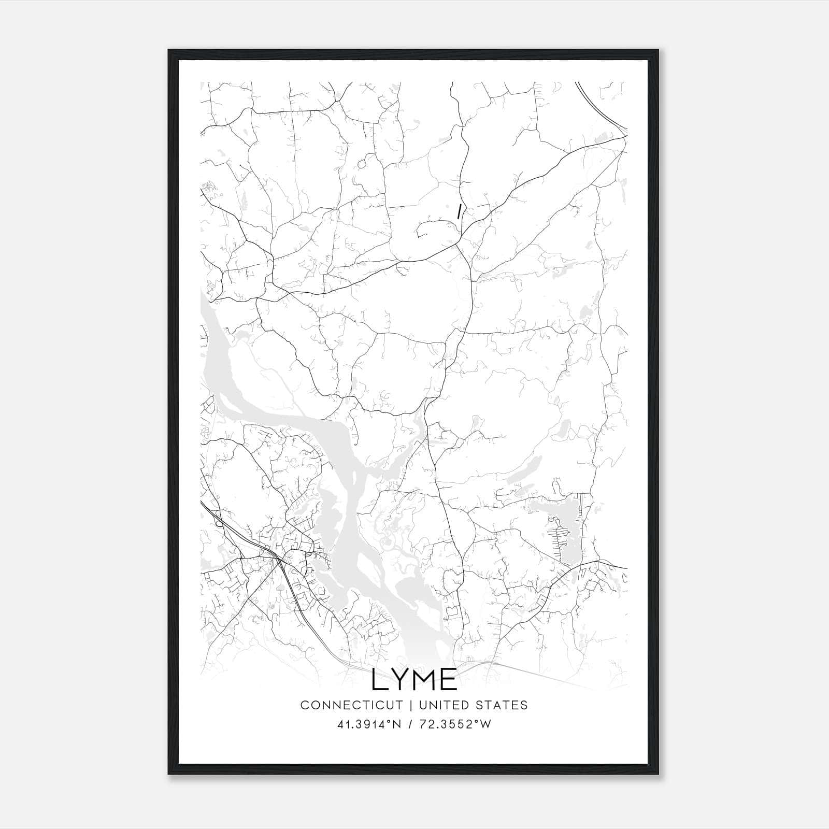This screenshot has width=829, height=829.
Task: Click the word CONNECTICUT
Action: (x=351, y=705)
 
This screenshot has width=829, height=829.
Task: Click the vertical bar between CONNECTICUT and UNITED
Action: (x=410, y=705)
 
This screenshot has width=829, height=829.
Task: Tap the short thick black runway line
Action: (x=459, y=211)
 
